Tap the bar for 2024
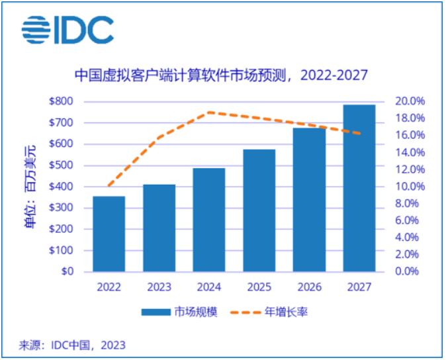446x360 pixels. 209,220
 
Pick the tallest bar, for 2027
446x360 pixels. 359,188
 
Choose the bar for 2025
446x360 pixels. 259,210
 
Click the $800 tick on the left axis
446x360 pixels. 62,101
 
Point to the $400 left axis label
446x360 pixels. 62,187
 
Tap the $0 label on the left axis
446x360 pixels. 68,271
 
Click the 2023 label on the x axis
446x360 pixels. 159,287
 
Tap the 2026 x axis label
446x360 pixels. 309,287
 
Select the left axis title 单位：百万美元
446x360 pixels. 31,186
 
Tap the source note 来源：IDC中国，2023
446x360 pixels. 72,345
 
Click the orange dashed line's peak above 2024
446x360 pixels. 210,112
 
